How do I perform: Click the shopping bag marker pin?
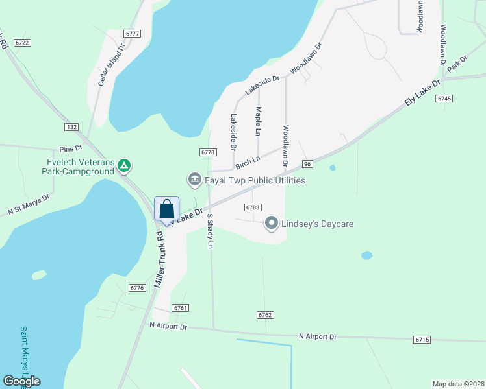[x=166, y=209]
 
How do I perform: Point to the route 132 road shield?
[x=71, y=126]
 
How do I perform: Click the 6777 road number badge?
[x=133, y=33]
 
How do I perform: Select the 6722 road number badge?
[x=23, y=43]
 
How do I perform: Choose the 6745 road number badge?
[x=444, y=98]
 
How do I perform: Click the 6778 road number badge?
[x=207, y=152]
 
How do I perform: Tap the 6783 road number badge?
[x=253, y=207]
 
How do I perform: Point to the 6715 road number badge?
[x=422, y=340]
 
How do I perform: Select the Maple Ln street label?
[x=259, y=121]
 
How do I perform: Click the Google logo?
[x=21, y=381]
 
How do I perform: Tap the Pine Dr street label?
[x=68, y=148]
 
